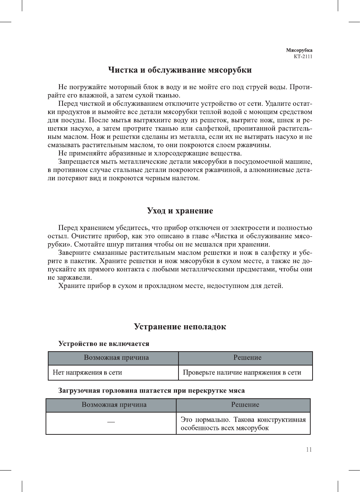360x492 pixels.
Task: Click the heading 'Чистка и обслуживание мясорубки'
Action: point(180,70)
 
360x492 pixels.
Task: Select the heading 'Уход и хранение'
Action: point(180,211)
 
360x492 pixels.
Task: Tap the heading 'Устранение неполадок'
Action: point(180,327)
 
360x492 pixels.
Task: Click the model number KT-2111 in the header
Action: point(303,56)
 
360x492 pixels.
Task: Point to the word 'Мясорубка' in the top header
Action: point(299,50)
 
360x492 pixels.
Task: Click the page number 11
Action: point(309,449)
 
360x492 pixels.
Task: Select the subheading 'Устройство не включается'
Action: point(104,344)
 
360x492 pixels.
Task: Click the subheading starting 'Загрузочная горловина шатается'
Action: point(151,391)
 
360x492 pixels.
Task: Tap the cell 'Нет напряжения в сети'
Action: point(87,373)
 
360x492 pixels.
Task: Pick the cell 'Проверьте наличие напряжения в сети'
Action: point(242,373)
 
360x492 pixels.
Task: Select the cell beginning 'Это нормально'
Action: point(243,423)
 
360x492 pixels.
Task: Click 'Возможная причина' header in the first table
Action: point(116,358)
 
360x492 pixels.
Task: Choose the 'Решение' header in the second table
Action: point(245,405)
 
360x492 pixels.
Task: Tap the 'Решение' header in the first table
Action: point(247,358)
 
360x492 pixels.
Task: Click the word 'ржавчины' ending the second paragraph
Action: point(256,145)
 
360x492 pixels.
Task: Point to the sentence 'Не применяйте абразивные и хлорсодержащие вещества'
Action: point(150,154)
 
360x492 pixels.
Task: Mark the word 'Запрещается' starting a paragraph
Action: point(78,162)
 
